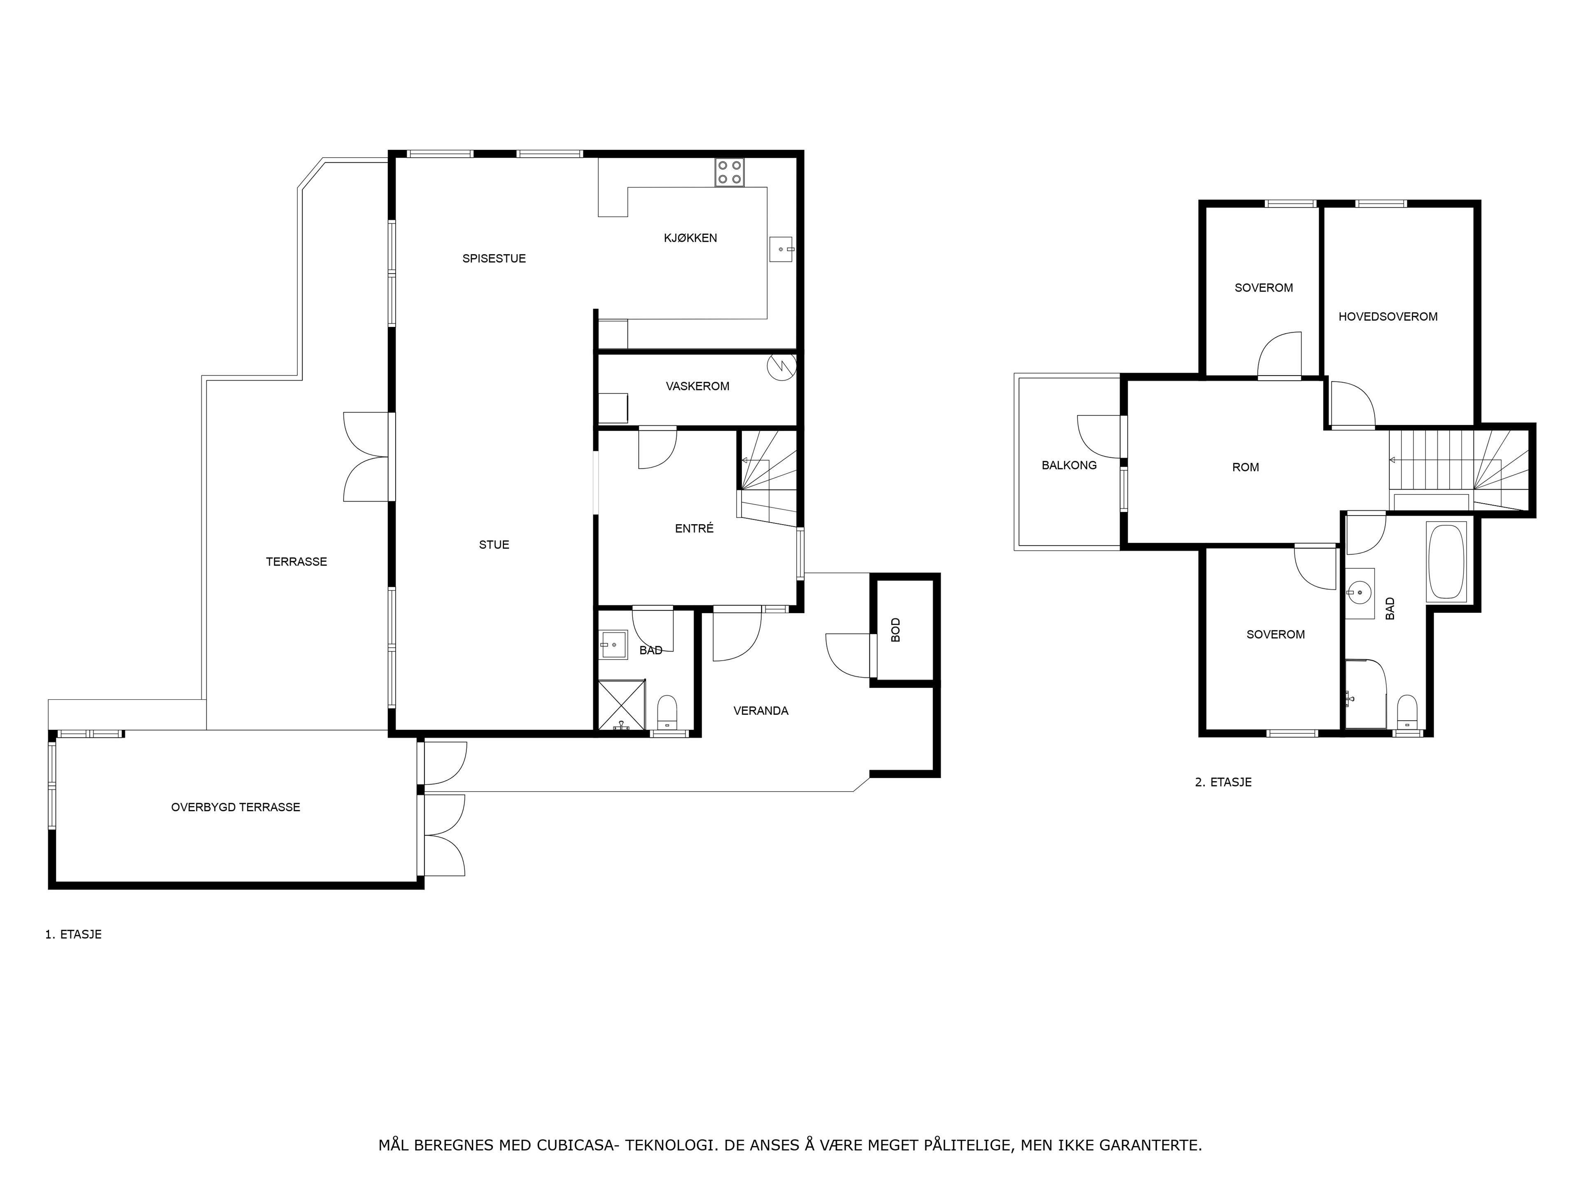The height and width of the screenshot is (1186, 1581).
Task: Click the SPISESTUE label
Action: pos(494,259)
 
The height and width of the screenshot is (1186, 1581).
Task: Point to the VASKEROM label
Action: pos(697,386)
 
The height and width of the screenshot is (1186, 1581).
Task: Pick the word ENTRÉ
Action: pos(694,528)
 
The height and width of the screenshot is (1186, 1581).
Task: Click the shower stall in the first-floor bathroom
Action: pos(621,705)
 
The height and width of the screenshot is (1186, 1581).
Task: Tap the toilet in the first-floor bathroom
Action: pos(667,712)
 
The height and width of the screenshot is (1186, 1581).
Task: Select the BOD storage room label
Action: pos(895,630)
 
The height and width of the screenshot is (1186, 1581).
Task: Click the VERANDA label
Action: pos(760,711)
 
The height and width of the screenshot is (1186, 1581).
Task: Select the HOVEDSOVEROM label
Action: pos(1387,317)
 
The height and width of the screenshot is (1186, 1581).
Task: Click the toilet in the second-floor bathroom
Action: pos(1407,712)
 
